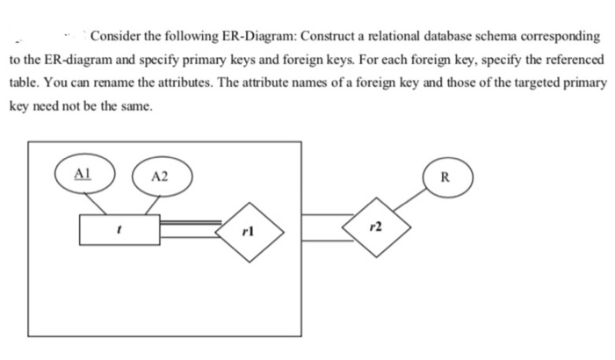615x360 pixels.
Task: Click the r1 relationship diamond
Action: click(x=251, y=231)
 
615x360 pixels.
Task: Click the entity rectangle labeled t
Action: click(x=118, y=230)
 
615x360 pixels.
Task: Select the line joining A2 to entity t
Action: click(x=151, y=204)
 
